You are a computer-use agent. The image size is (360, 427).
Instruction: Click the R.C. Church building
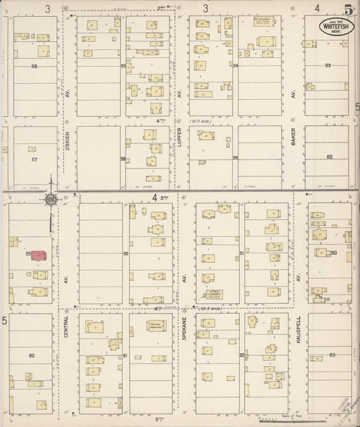tap(262, 22)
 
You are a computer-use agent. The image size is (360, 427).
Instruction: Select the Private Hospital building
tap(157, 326)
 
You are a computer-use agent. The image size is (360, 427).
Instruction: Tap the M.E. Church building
tap(215, 295)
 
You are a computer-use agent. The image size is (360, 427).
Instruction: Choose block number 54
tap(236, 66)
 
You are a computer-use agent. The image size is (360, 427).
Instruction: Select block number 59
tap(236, 158)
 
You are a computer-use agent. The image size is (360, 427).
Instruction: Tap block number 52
tap(126, 253)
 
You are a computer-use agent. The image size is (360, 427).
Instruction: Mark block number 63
tap(332, 354)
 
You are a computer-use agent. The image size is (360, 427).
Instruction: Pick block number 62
tap(241, 354)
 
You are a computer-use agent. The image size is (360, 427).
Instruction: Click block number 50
tap(334, 253)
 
